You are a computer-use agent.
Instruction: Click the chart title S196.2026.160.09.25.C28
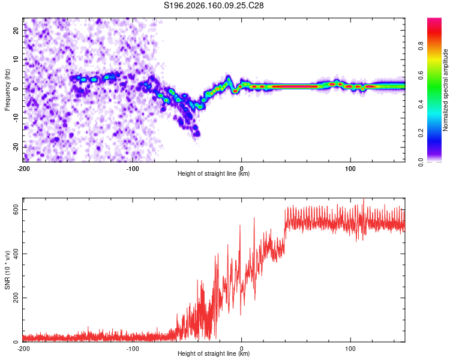click(214, 5)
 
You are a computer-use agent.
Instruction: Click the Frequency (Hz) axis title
click(7, 90)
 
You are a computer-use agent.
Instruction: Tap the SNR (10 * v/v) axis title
click(7, 270)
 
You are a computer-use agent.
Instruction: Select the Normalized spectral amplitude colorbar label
click(445, 90)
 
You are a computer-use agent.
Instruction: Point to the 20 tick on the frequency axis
click(16, 30)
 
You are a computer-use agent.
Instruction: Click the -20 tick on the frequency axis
click(16, 148)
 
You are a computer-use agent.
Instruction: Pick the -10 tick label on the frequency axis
click(16, 118)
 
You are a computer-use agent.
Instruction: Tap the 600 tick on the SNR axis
click(16, 210)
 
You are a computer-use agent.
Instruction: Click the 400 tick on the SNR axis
click(16, 254)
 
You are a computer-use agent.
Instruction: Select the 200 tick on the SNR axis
click(16, 298)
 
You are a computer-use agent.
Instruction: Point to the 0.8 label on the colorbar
click(421, 46)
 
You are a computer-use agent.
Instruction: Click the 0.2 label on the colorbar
click(421, 133)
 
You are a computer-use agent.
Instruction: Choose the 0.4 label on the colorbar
click(421, 104)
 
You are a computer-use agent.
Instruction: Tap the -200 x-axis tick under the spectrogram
click(23, 169)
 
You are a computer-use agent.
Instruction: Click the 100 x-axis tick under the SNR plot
click(350, 349)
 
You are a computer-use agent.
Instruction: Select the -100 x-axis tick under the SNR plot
click(133, 349)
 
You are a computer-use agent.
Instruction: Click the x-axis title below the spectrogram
click(214, 173)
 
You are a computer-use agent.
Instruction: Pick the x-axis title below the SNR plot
click(214, 353)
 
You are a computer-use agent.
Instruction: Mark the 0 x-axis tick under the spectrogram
click(241, 169)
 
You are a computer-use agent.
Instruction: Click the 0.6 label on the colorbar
click(421, 75)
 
